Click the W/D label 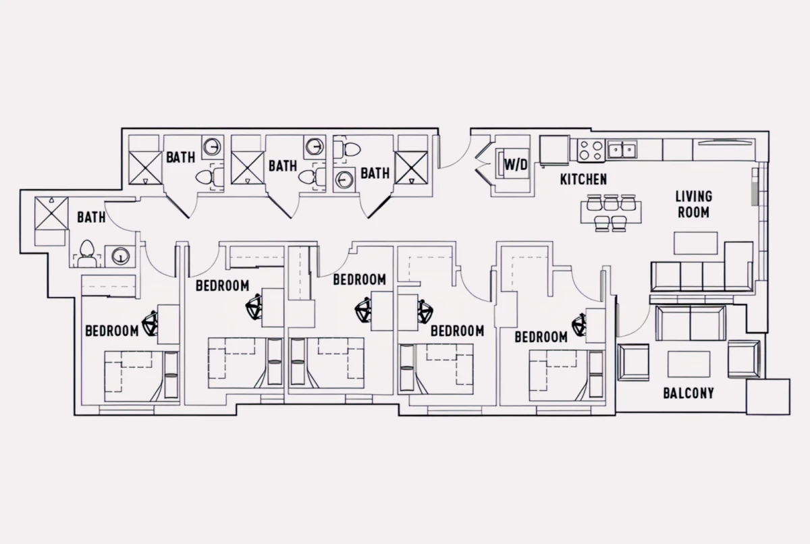pos(516,165)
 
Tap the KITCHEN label pos(583,180)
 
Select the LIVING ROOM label pos(694,205)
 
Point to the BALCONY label pos(688,393)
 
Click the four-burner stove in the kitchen pos(591,151)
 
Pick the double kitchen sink pos(622,150)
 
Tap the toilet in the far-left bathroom pos(86,253)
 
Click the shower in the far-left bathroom pos(51,213)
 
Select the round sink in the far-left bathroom pos(120,256)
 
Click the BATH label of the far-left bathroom pos(91,217)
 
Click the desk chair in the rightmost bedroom pos(579,325)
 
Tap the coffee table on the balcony pos(688,364)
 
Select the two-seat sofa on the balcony pos(691,323)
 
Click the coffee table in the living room pos(695,243)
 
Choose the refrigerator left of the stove pos(554,151)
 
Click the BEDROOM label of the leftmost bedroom pos(112,331)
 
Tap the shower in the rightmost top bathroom pos(411,167)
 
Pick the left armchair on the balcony pos(633,362)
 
